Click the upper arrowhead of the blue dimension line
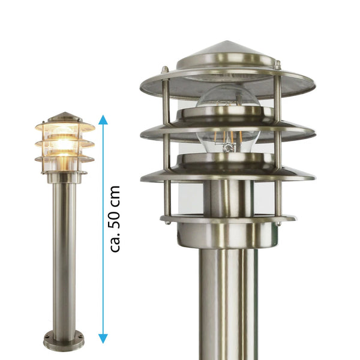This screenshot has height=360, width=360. click(103, 119)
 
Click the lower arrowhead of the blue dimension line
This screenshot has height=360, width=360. click(103, 338)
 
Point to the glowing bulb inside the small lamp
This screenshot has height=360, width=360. click(62, 144)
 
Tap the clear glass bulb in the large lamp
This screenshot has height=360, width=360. click(228, 119)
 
